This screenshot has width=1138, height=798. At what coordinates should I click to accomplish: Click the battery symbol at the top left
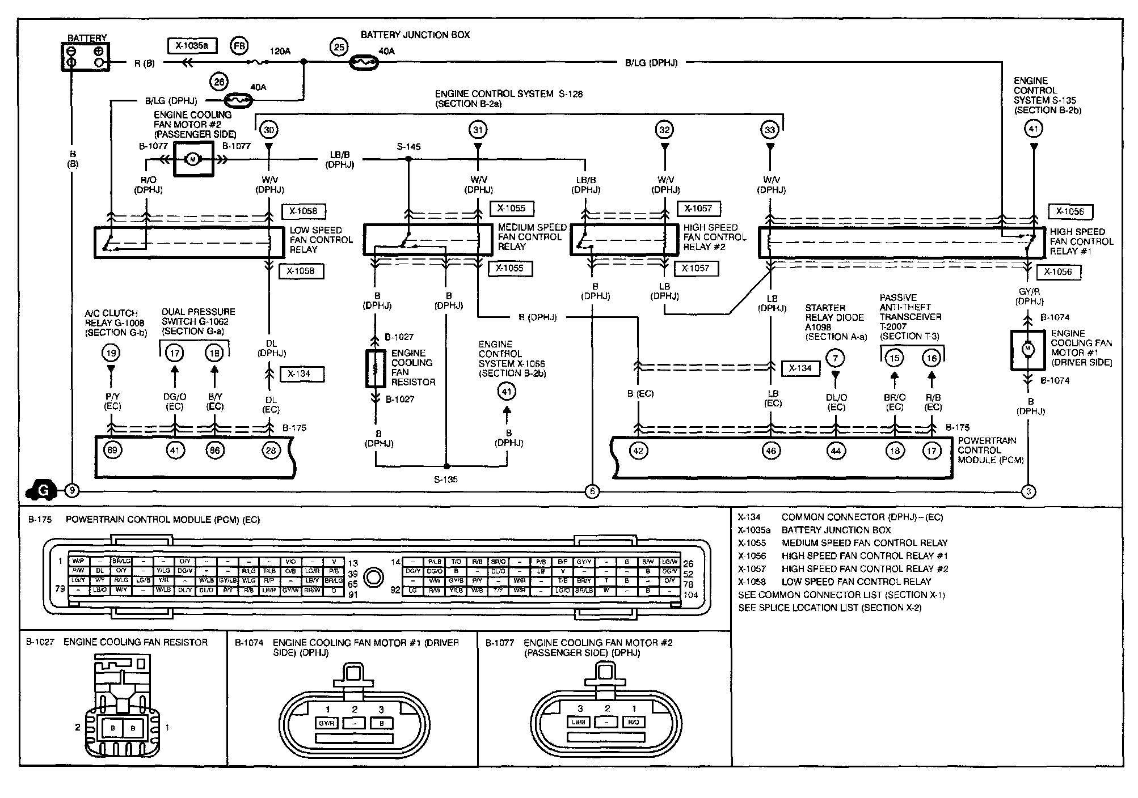[85, 57]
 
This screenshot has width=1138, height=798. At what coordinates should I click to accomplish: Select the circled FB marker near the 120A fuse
[239, 46]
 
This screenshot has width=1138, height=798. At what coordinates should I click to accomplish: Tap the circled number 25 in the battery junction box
[339, 46]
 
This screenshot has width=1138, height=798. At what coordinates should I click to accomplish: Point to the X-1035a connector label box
[192, 45]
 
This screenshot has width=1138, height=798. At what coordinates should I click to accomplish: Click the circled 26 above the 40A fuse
[219, 82]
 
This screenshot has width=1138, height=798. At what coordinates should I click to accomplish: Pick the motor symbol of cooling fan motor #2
[192, 159]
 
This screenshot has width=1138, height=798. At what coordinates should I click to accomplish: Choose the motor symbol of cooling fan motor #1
[1027, 349]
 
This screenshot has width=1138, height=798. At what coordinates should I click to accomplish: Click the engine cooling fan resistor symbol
[374, 368]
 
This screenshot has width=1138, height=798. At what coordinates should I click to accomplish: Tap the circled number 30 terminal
[269, 130]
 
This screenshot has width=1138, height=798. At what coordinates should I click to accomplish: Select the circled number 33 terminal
[770, 130]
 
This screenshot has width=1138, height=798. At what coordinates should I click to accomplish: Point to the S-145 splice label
[408, 147]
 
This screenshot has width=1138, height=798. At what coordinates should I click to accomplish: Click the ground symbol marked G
[42, 490]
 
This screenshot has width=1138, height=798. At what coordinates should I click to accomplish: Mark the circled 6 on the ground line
[592, 491]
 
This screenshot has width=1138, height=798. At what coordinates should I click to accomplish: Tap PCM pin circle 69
[112, 451]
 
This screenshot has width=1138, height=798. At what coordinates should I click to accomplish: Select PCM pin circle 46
[771, 451]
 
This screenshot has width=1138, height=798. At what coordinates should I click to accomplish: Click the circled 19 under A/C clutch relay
[111, 353]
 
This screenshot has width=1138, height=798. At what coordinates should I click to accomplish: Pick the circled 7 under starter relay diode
[835, 358]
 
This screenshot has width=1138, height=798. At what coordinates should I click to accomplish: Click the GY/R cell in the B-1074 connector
[326, 723]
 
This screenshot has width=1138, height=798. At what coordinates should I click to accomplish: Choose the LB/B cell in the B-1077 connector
[579, 722]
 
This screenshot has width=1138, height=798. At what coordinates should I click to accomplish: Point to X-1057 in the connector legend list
[752, 568]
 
